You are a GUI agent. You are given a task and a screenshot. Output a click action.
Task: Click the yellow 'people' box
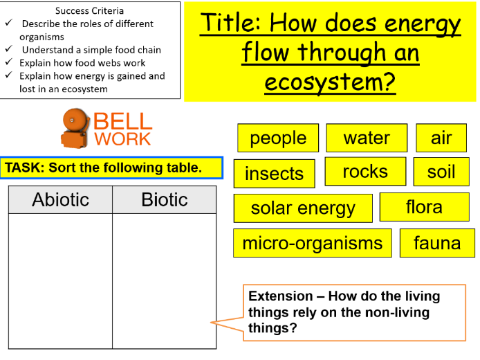coord(278,138)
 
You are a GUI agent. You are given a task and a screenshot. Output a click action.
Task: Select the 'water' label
coord(367,138)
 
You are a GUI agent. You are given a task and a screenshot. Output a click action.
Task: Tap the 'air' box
coord(441,138)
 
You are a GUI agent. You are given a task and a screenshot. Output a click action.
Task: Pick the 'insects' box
coord(274,174)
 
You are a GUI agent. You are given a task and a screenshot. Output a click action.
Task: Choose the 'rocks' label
coord(365,172)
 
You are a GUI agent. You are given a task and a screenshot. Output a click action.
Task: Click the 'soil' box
coord(441,172)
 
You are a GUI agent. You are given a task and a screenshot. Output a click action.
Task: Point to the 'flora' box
coord(424,207)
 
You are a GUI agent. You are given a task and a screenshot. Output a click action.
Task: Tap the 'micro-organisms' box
coord(312,243)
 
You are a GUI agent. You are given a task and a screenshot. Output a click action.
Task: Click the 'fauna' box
coord(437,243)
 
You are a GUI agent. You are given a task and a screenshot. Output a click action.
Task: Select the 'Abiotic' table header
coord(61,200)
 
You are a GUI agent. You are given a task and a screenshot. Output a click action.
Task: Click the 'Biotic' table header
coord(164,200)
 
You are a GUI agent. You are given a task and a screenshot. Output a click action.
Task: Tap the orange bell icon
coord(75,127)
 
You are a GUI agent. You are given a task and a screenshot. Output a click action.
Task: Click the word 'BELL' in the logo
coord(122,122)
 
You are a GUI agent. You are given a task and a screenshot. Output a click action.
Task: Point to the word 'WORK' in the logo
coord(122,138)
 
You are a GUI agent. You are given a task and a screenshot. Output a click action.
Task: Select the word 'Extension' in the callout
coord(279,296)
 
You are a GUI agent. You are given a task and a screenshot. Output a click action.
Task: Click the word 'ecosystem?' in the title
coord(330,82)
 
